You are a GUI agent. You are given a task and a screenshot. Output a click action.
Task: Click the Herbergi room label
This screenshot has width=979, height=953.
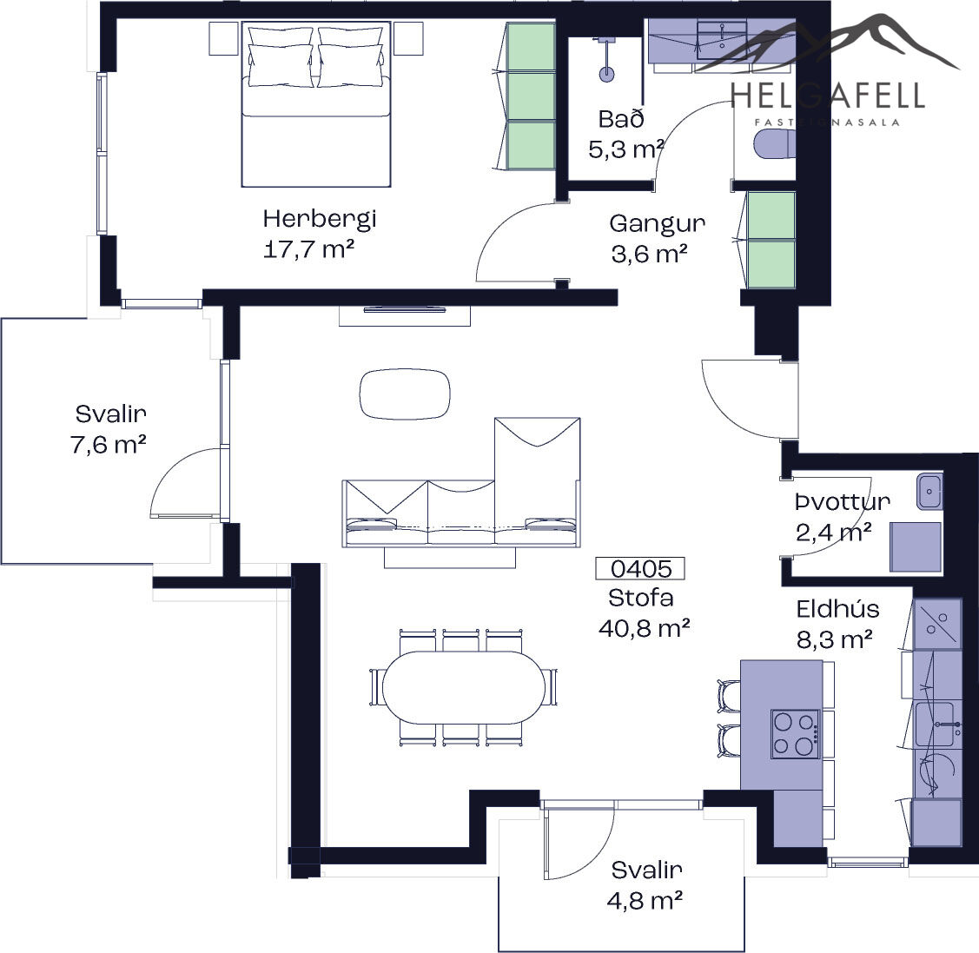coord(319,220)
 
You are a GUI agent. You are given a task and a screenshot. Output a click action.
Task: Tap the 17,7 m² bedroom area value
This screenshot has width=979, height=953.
coord(309,249)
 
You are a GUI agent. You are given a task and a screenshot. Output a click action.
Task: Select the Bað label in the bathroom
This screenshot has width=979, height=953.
coord(620,119)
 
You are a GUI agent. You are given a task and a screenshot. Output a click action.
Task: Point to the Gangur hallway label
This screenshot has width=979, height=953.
coord(658,223)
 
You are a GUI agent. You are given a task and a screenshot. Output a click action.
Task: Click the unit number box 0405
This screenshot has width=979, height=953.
coord(640,568)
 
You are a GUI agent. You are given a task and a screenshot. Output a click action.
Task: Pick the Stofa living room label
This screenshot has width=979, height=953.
coord(641,598)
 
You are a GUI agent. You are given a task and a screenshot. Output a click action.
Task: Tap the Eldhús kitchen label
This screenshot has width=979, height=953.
coord(838,609)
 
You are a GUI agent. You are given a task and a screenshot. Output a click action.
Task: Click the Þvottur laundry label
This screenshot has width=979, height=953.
coord(843,502)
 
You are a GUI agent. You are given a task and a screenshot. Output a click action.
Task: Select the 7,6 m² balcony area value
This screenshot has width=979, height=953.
coord(109,445)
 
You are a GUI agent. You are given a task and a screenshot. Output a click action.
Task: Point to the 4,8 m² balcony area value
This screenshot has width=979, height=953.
coord(645,901)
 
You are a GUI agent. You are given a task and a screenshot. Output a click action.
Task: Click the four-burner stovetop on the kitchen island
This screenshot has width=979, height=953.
coord(795,734)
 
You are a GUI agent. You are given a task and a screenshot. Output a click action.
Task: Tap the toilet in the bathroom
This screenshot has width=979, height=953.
coord(775,145)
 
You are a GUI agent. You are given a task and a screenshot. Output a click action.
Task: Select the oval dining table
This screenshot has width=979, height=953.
coord(463,687)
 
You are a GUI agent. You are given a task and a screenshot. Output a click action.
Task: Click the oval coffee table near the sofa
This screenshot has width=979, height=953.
coord(405,394)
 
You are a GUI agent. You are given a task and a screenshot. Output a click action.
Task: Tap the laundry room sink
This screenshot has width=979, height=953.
coord(929,491)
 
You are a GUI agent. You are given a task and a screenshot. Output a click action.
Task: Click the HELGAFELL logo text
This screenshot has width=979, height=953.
coord(827,96)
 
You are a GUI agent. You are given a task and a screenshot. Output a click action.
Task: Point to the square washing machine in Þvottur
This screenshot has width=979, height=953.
coord(916,547)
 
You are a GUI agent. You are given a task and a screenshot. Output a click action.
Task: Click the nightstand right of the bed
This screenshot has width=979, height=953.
coord(408,39)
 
